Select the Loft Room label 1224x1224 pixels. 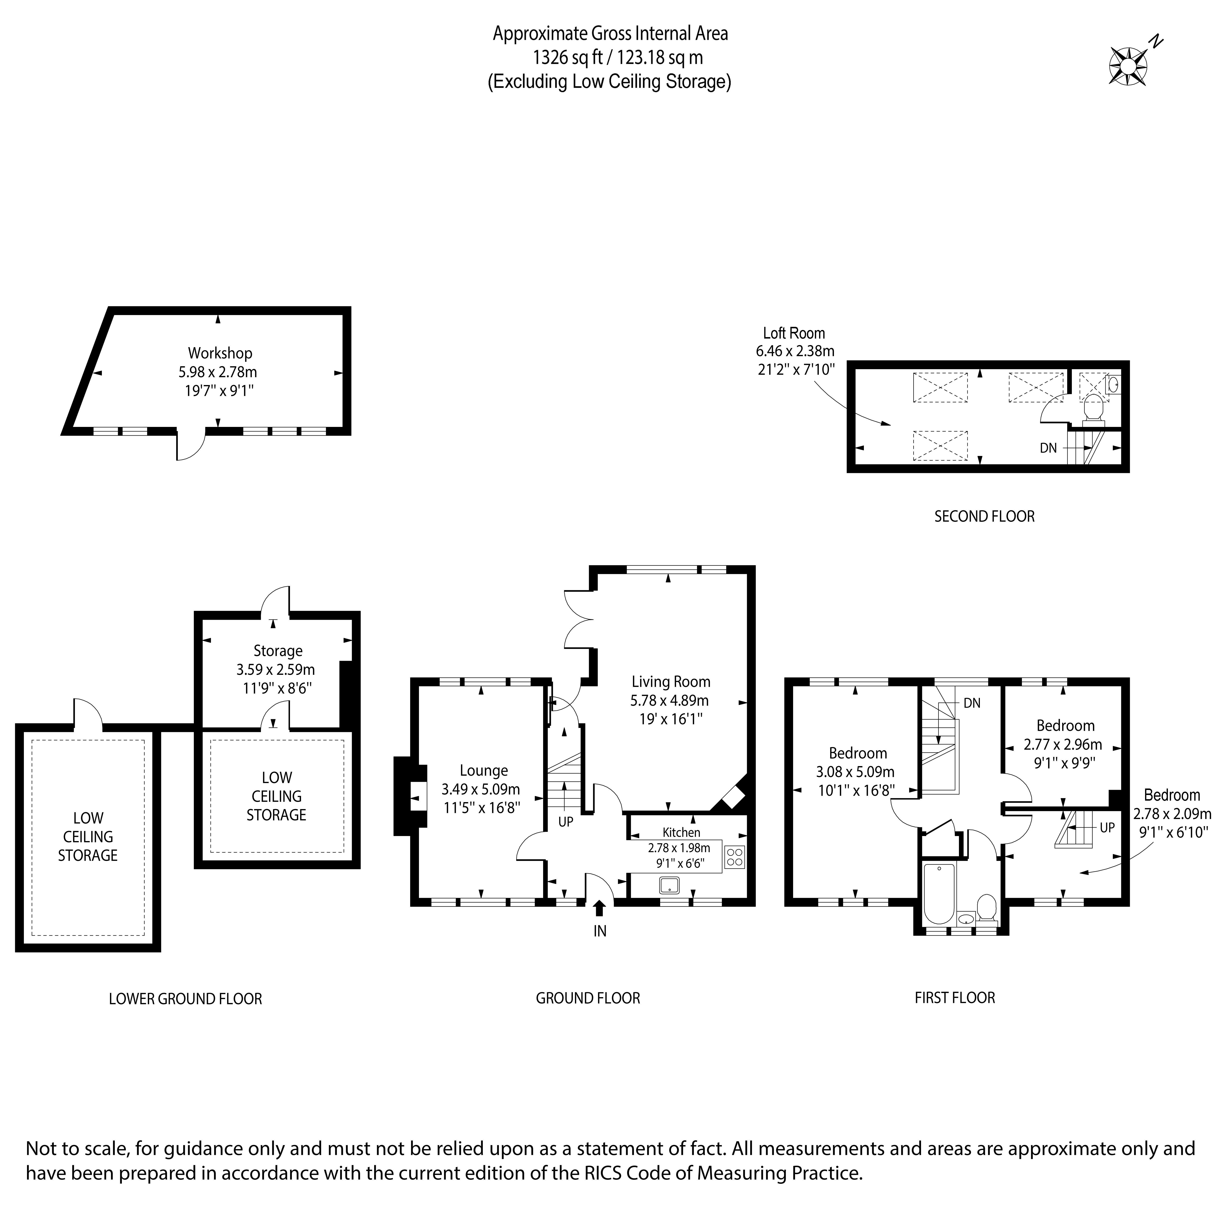(x=794, y=333)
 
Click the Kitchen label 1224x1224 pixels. (x=681, y=832)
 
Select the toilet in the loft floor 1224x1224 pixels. (x=1094, y=409)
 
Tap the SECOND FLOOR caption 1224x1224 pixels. (x=984, y=516)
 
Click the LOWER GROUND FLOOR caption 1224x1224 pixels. (x=185, y=999)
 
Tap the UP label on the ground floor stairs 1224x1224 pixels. (x=565, y=822)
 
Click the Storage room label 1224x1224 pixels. (x=277, y=651)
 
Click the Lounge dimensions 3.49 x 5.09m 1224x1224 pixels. (x=481, y=789)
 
